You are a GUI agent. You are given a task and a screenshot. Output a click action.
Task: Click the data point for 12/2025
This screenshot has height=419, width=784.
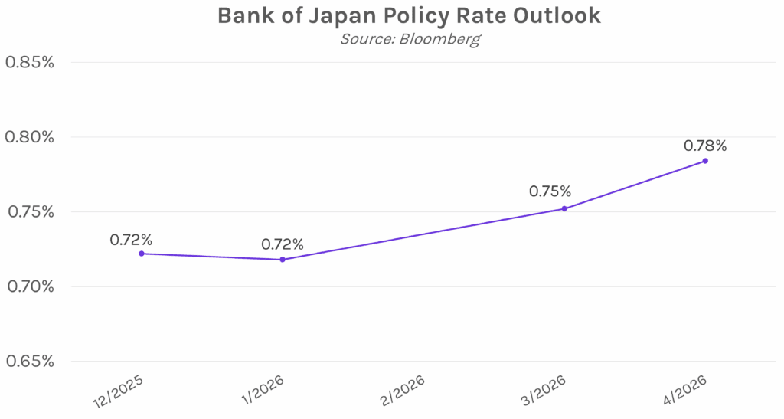click(142, 254)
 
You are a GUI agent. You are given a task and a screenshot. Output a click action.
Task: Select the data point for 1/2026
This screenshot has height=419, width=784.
click(283, 260)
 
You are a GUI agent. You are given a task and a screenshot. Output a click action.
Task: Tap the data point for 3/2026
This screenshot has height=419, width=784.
click(564, 208)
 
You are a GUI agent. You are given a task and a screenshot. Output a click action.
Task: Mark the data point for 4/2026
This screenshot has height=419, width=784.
click(705, 161)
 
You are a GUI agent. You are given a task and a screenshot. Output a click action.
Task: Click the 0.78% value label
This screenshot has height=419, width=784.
click(705, 145)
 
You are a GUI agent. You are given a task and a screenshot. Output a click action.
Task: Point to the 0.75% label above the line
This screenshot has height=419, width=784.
click(550, 191)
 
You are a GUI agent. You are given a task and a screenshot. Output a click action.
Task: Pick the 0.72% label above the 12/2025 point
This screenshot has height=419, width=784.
click(131, 239)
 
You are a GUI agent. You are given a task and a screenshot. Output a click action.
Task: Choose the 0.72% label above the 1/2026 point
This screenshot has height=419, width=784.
click(283, 244)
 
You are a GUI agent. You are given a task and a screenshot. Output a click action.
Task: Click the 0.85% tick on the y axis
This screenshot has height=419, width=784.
click(30, 62)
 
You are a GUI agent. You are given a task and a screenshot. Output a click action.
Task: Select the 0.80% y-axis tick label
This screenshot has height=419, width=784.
click(30, 137)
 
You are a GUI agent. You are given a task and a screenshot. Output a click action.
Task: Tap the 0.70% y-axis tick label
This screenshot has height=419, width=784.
click(30, 286)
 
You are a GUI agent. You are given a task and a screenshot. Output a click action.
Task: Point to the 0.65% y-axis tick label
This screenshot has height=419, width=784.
click(30, 362)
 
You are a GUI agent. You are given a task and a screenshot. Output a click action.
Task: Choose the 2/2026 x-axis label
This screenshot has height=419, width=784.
click(400, 391)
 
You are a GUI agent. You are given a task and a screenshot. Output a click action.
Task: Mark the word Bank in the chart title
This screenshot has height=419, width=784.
click(241, 16)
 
